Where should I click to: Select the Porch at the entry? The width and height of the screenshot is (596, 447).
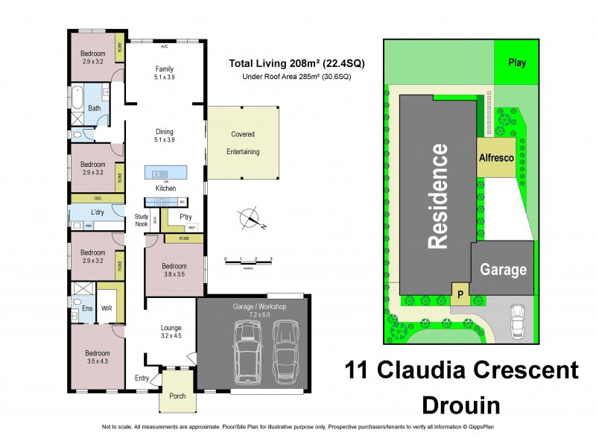click(x=177, y=396)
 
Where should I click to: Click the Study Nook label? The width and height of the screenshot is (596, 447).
click(x=142, y=219)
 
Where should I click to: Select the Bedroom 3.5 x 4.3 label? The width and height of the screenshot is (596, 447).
click(x=97, y=357)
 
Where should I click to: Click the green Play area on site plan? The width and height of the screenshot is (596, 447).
click(x=516, y=63)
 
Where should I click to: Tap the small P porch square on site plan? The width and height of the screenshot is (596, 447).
click(x=460, y=294)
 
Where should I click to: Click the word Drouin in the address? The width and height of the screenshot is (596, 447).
click(x=460, y=405)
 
